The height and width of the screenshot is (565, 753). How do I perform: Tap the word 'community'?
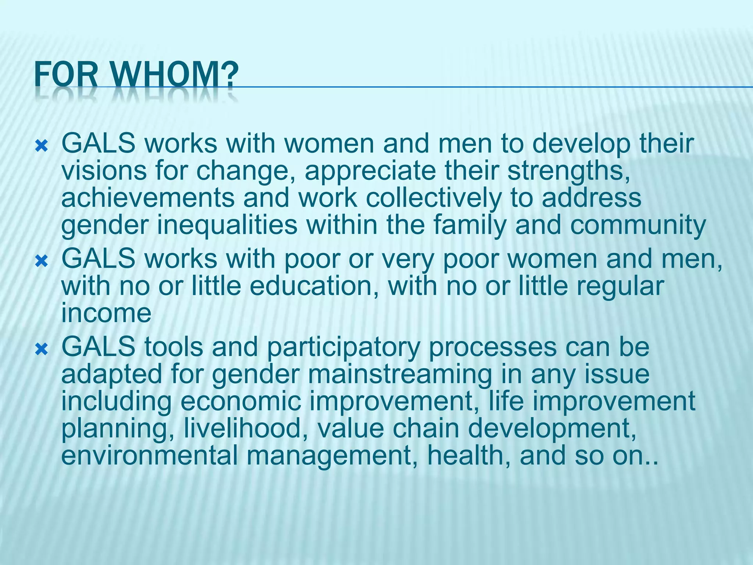638,226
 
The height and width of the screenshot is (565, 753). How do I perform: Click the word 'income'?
106,313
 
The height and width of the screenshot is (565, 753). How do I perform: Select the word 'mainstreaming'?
400,375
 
